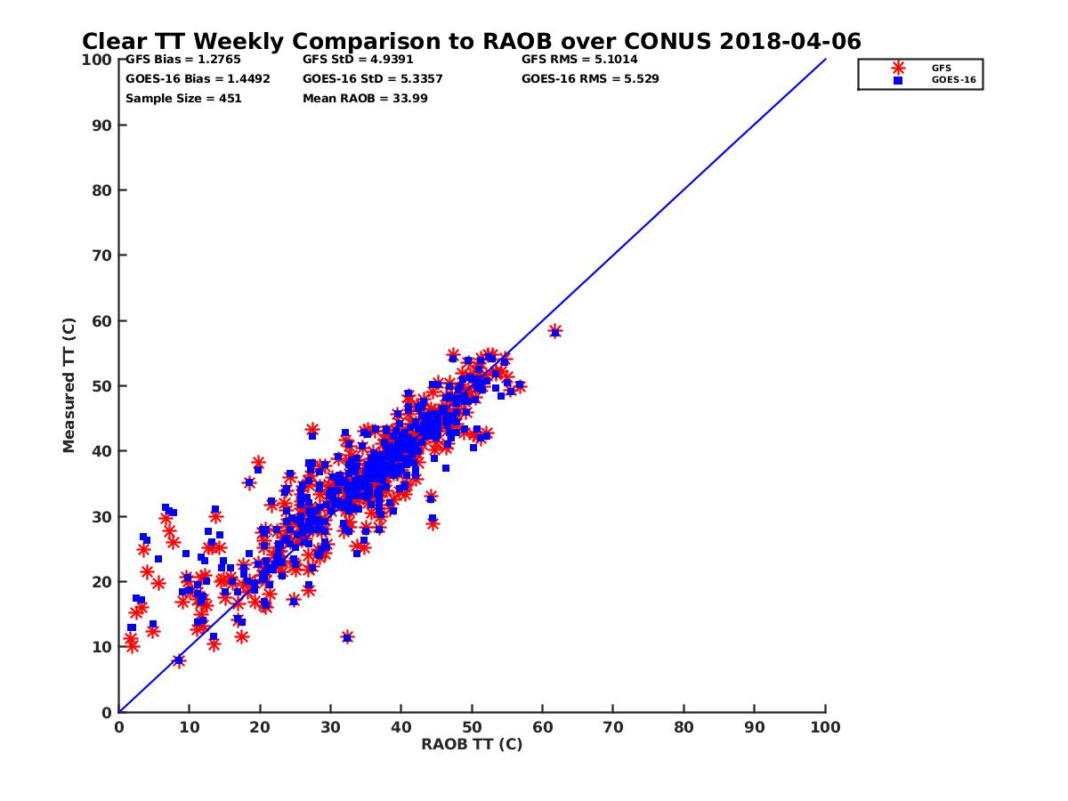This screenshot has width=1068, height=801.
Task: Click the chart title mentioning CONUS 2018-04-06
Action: coord(471,42)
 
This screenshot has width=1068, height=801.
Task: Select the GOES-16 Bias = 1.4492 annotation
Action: coord(198,78)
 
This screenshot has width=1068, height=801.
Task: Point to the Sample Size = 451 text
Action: coord(183,98)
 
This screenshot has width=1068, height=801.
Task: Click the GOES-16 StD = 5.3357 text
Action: coord(373,78)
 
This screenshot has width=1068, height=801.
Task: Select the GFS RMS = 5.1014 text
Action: coord(579,60)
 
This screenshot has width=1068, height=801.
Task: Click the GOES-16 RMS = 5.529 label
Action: coord(590,78)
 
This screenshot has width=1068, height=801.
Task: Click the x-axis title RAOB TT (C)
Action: coord(472,744)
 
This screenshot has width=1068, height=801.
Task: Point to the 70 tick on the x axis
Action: coord(613,726)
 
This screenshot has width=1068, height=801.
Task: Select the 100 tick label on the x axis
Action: coord(826,726)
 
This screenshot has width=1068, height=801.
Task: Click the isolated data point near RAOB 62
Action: coord(555,331)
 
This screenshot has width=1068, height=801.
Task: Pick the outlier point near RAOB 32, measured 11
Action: coord(347,637)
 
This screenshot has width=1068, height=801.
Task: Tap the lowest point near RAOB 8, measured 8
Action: coord(179,660)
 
